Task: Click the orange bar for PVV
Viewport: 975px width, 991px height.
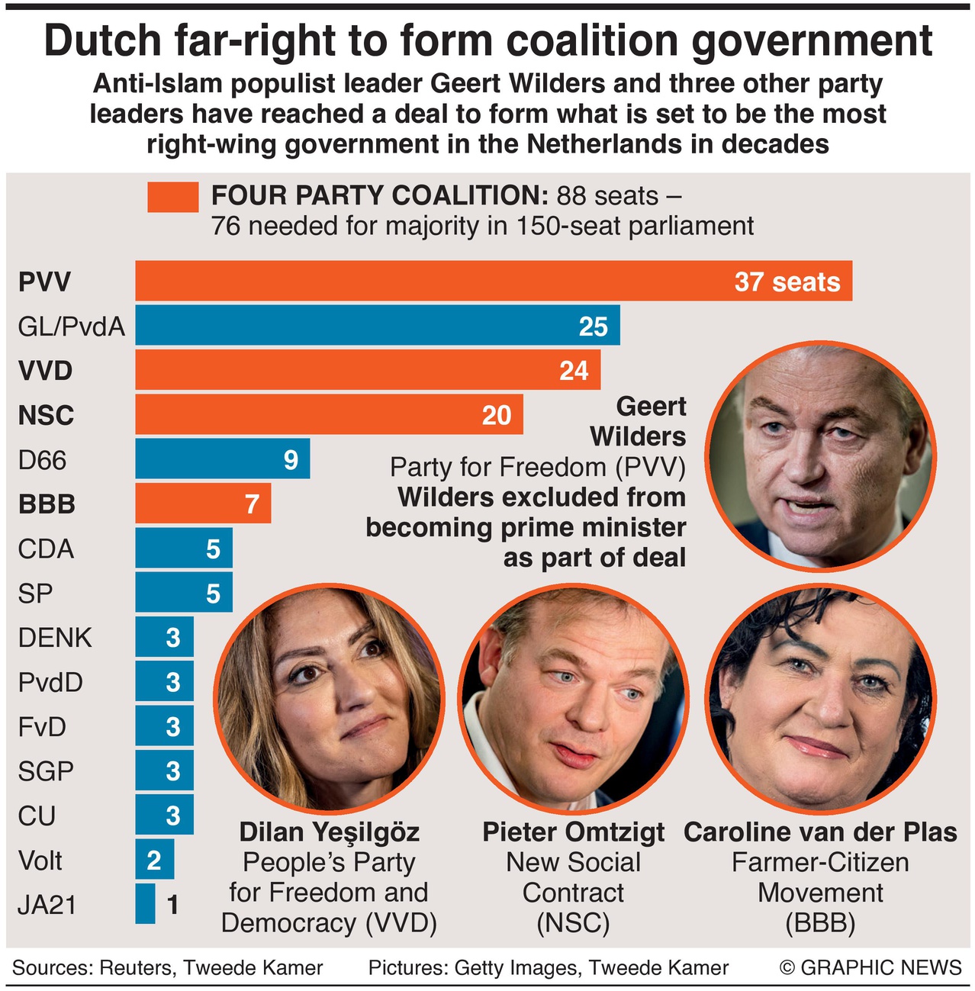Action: click(x=427, y=281)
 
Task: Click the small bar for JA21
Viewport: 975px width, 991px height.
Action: click(x=145, y=904)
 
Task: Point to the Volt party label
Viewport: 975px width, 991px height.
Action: click(x=40, y=861)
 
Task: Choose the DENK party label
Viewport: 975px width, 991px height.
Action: click(x=55, y=637)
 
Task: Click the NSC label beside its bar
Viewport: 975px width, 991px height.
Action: click(x=47, y=415)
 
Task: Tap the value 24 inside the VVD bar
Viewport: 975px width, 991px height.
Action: click(x=574, y=371)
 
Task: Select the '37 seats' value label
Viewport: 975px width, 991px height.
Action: click(x=787, y=282)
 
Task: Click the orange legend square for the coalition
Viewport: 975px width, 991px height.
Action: click(x=173, y=197)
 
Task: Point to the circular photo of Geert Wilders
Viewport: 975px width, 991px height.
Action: click(x=821, y=455)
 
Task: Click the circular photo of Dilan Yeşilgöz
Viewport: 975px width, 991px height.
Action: click(x=330, y=697)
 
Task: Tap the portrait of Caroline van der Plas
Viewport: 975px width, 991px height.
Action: click(x=820, y=697)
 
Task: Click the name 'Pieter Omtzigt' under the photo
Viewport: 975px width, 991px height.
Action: click(x=573, y=832)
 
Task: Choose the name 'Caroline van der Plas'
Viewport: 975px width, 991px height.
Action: click(x=820, y=832)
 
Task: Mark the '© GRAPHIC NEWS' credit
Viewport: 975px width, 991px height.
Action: click(x=870, y=967)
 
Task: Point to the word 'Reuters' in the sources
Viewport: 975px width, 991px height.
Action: click(x=134, y=967)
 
